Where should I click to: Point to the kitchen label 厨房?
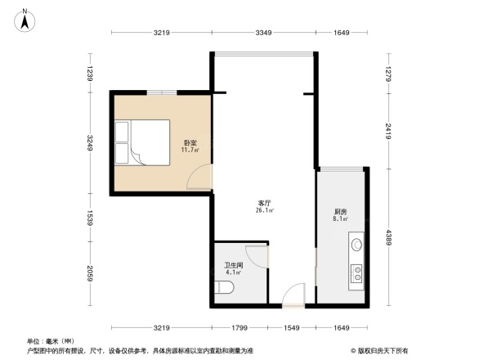click(341, 211)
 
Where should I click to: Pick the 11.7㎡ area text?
click(190, 151)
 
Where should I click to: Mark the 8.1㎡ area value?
click(341, 219)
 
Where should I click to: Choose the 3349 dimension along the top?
click(262, 33)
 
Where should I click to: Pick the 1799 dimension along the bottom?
click(239, 328)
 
